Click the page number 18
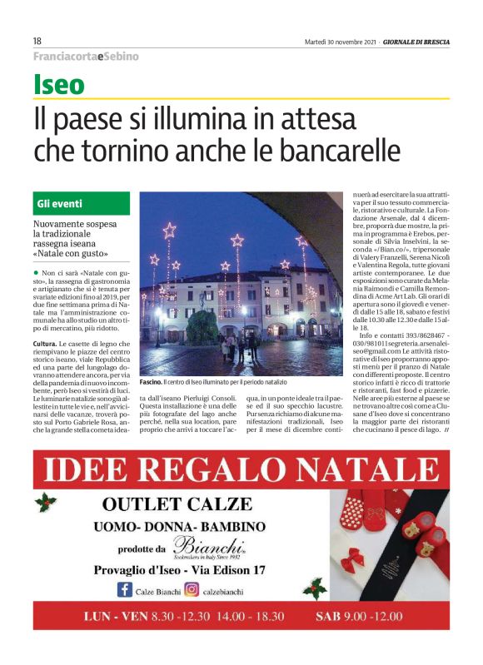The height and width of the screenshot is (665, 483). [37, 41]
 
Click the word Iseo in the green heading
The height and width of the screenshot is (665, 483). [59, 85]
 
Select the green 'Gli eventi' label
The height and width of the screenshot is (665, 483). [59, 204]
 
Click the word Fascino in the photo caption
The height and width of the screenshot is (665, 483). [151, 381]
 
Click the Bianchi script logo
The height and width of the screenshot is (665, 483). [208, 547]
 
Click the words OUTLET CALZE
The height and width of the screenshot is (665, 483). [176, 504]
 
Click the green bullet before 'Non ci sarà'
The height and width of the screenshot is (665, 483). [36, 273]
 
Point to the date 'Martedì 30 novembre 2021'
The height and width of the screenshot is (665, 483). [337, 42]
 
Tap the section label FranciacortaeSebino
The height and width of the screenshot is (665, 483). [86, 57]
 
